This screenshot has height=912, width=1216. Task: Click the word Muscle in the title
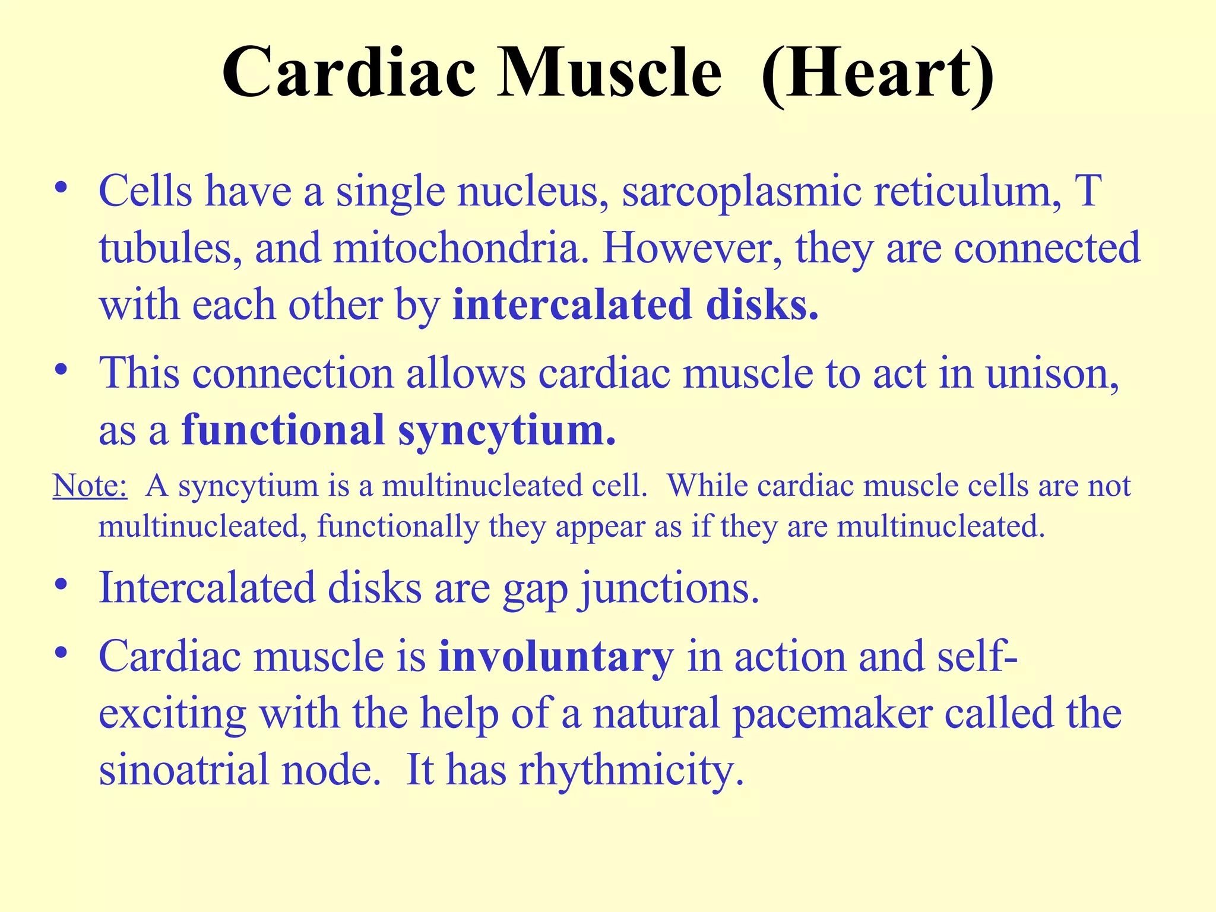tap(610, 74)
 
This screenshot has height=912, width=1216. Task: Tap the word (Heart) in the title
tap(878, 74)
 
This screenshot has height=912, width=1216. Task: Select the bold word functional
tap(283, 430)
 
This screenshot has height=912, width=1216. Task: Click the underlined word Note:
tap(90, 486)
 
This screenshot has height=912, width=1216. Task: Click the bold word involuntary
tap(556, 657)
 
